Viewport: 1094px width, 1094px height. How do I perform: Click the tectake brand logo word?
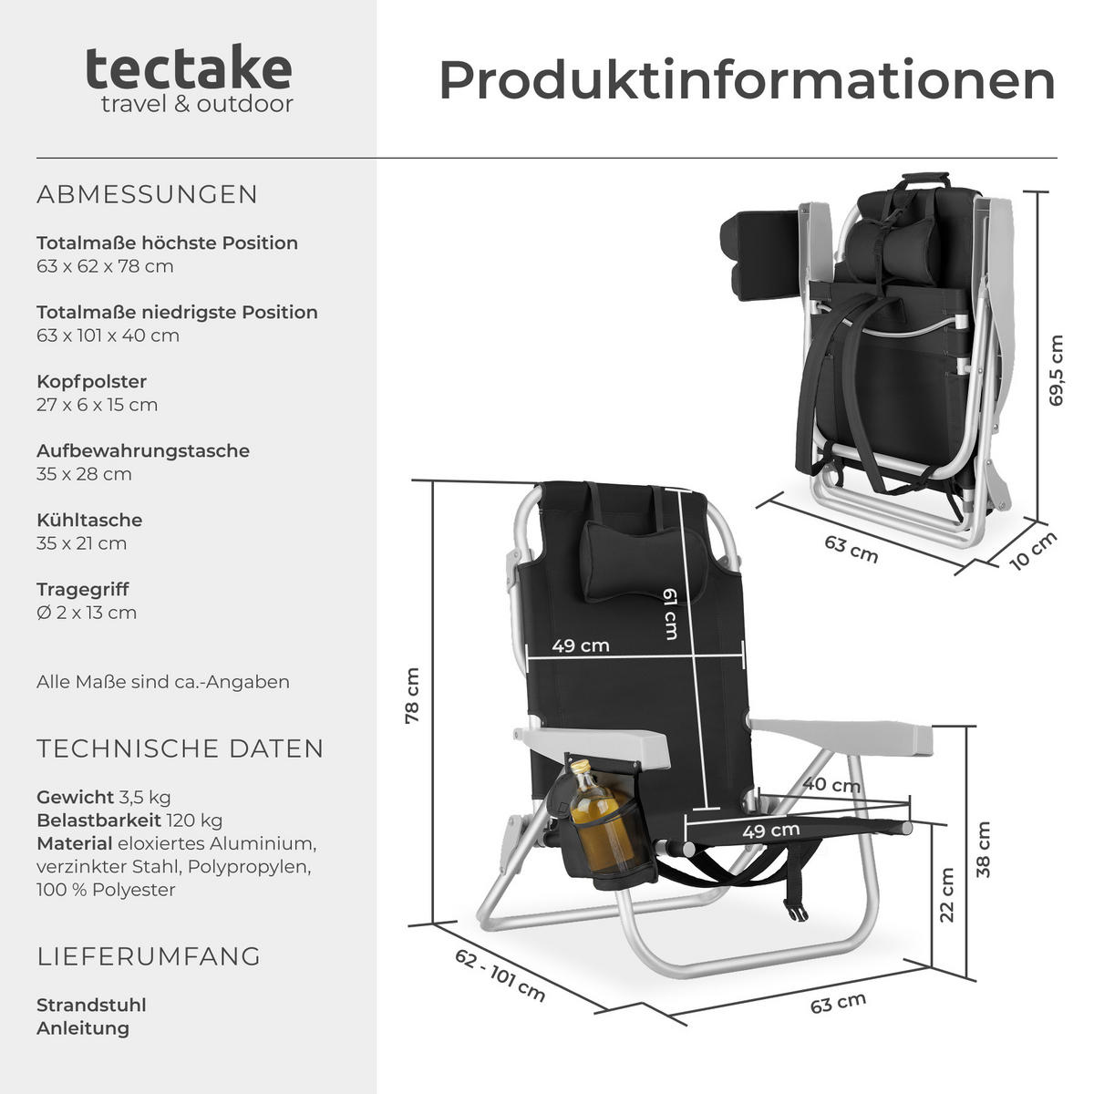tap(189, 68)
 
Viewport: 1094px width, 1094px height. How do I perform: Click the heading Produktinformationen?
tap(747, 80)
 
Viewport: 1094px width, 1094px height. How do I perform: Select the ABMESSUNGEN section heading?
tap(148, 194)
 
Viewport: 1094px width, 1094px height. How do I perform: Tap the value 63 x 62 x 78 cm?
tap(105, 266)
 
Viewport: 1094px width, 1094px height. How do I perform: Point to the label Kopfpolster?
tap(91, 381)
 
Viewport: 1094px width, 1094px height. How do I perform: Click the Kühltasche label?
tap(89, 520)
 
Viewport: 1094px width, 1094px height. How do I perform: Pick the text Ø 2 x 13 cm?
tap(87, 613)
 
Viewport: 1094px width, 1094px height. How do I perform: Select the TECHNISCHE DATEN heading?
tap(181, 748)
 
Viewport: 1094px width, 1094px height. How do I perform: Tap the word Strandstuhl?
tap(91, 1005)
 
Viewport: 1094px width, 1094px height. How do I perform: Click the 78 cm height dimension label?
tap(412, 697)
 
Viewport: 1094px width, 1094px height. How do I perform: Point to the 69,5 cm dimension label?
tap(1056, 370)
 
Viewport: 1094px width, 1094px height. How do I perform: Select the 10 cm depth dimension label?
tap(1034, 550)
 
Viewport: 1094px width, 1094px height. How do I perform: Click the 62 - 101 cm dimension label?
tap(500, 975)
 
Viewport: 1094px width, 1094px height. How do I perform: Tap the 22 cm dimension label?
tap(947, 894)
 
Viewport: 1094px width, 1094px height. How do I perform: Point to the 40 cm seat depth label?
tap(831, 784)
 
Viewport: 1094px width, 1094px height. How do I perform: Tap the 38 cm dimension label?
tap(983, 850)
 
